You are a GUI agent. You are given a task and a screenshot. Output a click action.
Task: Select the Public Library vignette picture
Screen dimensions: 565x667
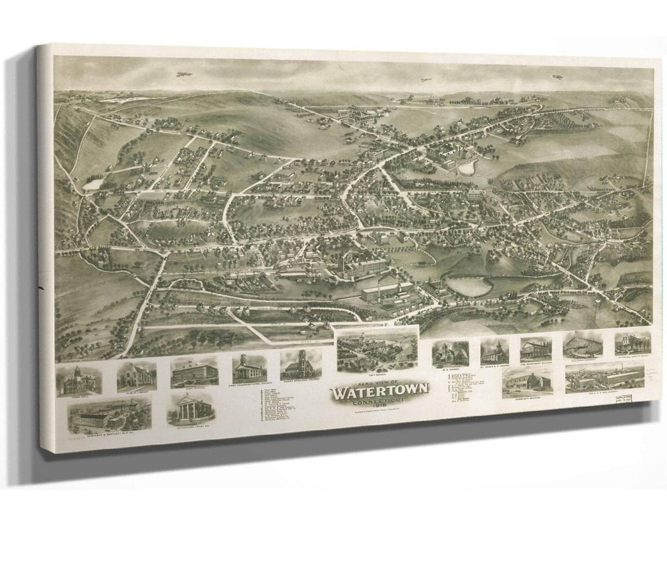[136, 376]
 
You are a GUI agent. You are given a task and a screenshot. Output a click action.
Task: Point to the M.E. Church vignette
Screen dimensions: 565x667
[450, 353]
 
